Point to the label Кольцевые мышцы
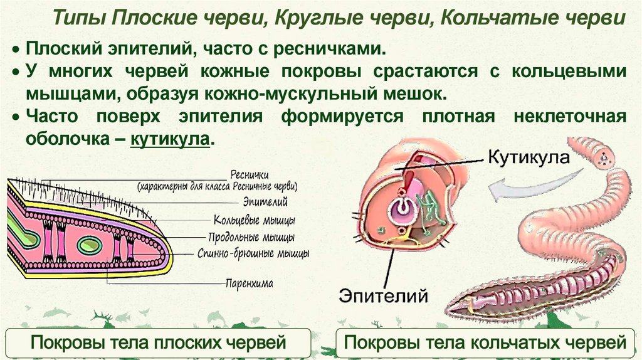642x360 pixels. click(x=255, y=221)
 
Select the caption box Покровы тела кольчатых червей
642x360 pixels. click(x=486, y=343)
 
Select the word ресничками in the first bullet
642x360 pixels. click(x=339, y=48)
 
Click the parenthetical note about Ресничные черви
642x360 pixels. click(x=217, y=186)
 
